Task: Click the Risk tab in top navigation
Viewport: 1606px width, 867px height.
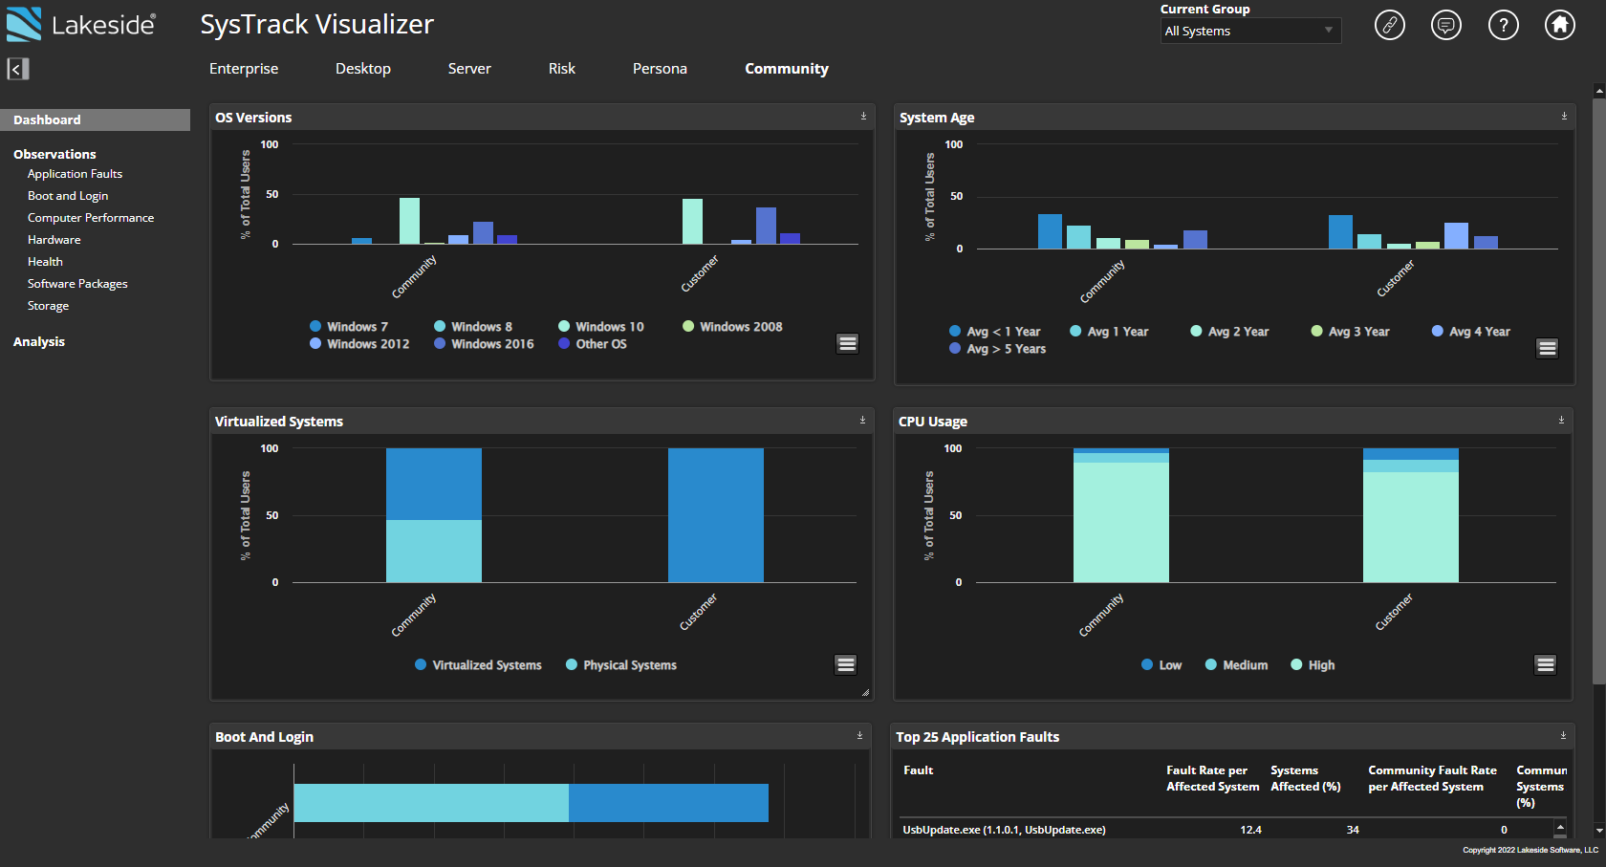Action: point(561,69)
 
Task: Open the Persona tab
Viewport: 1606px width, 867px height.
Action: point(660,69)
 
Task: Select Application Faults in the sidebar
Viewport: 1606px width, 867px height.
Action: point(75,174)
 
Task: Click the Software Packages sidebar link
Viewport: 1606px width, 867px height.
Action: point(77,284)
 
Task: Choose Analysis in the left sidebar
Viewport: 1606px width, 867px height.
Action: point(39,341)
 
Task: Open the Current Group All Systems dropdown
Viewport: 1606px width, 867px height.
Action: point(1249,31)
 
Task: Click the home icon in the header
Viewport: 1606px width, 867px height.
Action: point(1560,25)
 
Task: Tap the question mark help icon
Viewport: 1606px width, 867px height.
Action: point(1503,25)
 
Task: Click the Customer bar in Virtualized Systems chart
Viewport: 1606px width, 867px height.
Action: point(715,515)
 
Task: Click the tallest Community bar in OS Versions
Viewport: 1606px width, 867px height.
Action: point(409,221)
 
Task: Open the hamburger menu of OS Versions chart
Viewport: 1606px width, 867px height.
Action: point(847,343)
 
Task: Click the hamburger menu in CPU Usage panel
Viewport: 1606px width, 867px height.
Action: point(1545,664)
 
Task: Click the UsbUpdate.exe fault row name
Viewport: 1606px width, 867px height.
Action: point(1004,830)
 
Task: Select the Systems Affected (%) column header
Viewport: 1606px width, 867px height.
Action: point(1305,778)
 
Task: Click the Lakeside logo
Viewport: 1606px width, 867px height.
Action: point(80,25)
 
